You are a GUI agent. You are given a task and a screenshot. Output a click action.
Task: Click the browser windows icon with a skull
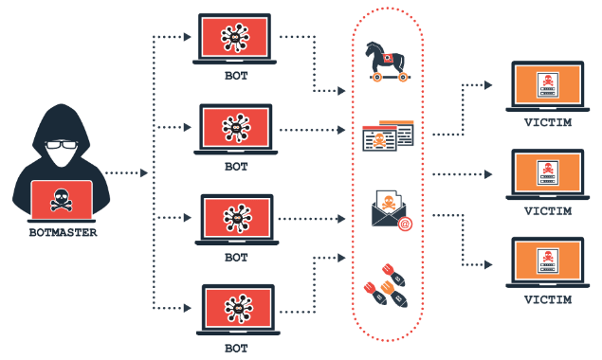(390, 138)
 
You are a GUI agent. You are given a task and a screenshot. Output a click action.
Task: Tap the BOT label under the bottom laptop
(235, 348)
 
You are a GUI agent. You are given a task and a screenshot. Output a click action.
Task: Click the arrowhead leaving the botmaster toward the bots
(144, 173)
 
